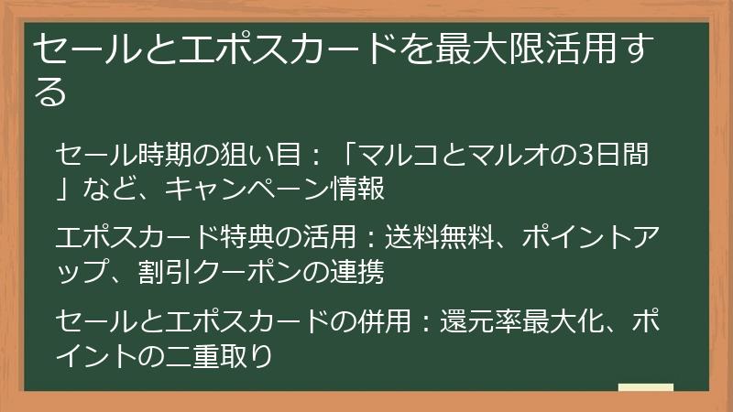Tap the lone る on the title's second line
51,92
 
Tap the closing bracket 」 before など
64,190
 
